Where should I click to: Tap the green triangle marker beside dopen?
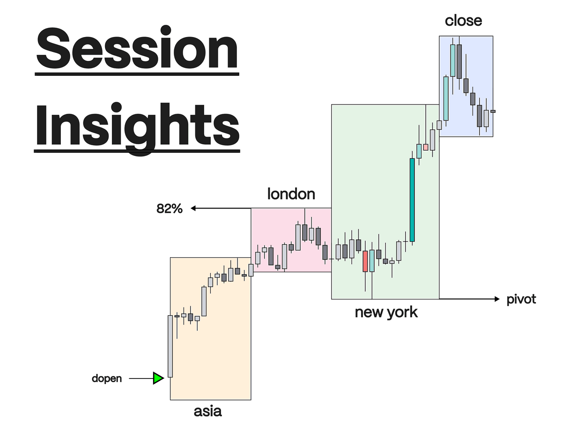(x=158, y=378)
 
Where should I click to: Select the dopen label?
(x=107, y=378)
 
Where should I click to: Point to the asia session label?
(x=207, y=411)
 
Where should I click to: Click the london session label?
(x=291, y=193)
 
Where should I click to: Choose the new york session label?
(x=386, y=312)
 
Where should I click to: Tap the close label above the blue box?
(x=463, y=21)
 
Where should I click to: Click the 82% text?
(x=169, y=209)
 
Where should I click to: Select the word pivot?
(x=521, y=299)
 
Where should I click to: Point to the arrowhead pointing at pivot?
(x=497, y=299)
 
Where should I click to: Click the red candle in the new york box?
(x=365, y=261)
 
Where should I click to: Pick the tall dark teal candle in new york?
(x=412, y=200)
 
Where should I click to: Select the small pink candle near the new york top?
(x=426, y=147)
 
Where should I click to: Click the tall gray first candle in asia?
(x=170, y=346)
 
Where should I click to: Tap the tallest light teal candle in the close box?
(x=453, y=60)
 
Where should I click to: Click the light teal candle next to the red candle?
(x=372, y=261)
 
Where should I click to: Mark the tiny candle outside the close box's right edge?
(x=493, y=111)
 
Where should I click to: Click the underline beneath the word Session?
(x=137, y=73)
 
